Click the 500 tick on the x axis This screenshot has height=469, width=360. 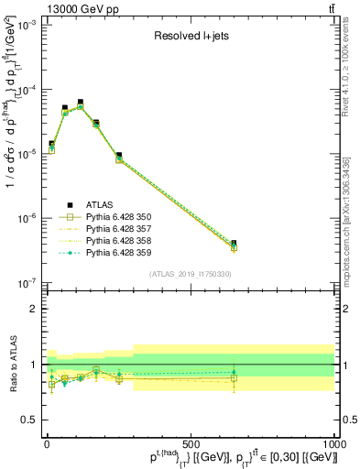[191, 442]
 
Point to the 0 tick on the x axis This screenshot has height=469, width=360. [48, 442]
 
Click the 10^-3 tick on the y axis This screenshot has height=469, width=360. [28, 26]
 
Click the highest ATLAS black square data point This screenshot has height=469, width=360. [81, 102]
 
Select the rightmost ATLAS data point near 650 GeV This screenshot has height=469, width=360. [234, 244]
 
